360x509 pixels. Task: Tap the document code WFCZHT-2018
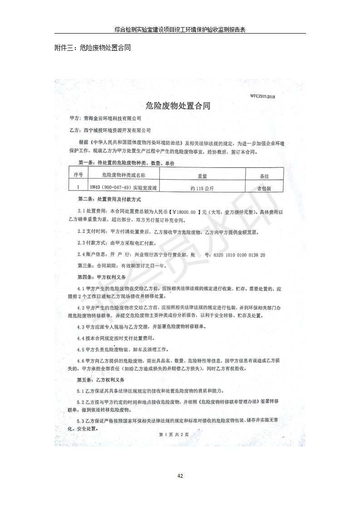(262, 96)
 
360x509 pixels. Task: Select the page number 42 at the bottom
(180, 476)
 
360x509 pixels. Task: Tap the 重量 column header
(202, 175)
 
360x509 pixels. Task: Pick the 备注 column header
(264, 175)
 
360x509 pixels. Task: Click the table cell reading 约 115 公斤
(202, 186)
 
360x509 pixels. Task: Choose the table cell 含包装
(264, 186)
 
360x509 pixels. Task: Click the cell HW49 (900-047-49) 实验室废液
(123, 186)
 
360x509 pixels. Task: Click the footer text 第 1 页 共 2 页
(174, 434)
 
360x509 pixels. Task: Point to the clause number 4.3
(82, 327)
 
